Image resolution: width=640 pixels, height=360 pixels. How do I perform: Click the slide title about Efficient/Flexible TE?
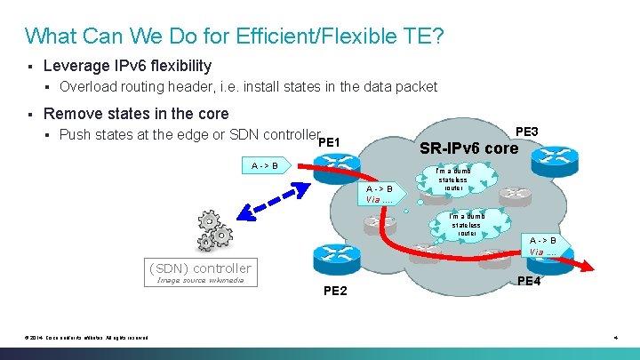click(x=235, y=36)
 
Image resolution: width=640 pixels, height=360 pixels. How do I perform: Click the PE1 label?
click(x=329, y=141)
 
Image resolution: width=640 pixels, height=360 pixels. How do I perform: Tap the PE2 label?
click(x=335, y=291)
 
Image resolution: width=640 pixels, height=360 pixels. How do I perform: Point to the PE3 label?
click(x=527, y=132)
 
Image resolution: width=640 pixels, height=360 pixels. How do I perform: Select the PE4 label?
click(x=530, y=281)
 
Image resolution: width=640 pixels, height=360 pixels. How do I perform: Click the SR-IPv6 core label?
click(x=468, y=148)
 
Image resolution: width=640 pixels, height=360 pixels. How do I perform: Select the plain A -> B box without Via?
click(x=264, y=165)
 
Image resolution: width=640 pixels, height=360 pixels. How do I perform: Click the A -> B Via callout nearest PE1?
click(x=380, y=194)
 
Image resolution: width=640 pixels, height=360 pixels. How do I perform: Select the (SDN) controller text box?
click(x=200, y=268)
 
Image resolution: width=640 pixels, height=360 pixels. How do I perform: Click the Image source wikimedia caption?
click(x=200, y=281)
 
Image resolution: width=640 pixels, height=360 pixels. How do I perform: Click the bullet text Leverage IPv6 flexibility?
click(x=127, y=66)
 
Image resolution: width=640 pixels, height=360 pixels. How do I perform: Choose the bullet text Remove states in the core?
click(x=136, y=114)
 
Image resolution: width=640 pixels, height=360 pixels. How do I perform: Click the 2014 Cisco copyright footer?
click(x=87, y=337)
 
